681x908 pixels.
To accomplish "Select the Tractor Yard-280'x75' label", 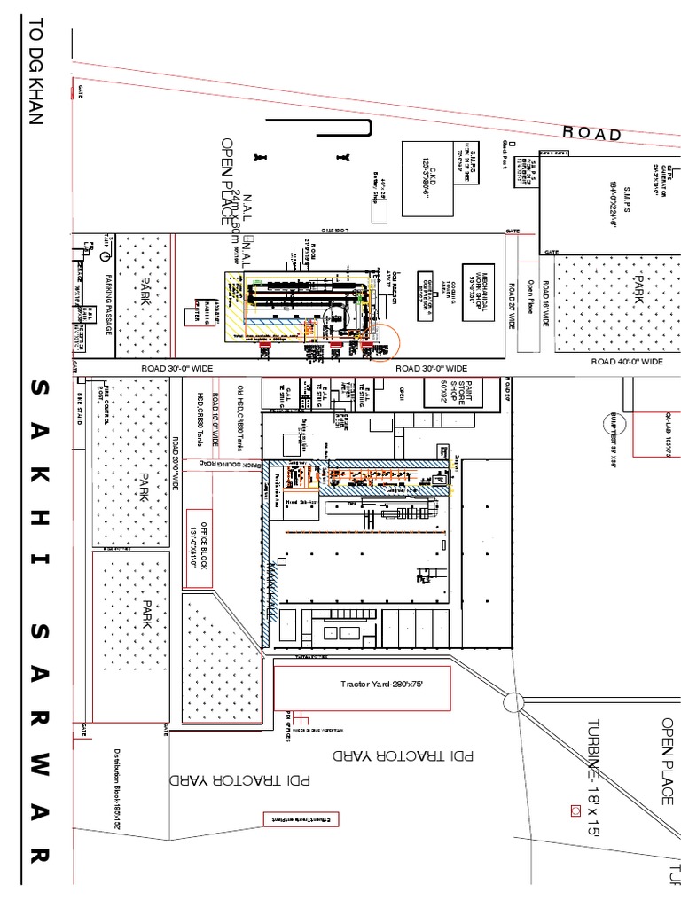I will coord(361,684).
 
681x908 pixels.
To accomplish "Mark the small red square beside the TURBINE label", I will coord(575,810).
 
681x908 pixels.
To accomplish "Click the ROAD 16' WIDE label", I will coord(547,301).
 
